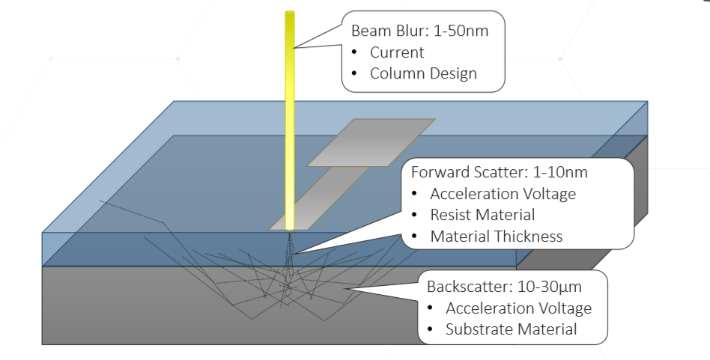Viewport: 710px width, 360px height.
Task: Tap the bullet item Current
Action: pyautogui.click(x=397, y=52)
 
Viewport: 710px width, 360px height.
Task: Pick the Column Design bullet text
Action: pyautogui.click(x=423, y=73)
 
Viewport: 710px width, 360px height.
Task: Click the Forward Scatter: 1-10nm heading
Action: pyautogui.click(x=500, y=172)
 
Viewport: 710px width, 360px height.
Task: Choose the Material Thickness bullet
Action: pyautogui.click(x=496, y=237)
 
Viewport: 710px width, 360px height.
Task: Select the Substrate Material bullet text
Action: pyautogui.click(x=512, y=329)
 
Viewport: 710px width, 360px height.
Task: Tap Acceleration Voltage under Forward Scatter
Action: pyautogui.click(x=503, y=194)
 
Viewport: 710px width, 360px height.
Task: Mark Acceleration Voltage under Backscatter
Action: pyautogui.click(x=518, y=308)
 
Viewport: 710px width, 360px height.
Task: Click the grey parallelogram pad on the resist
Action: pyautogui.click(x=371, y=142)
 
